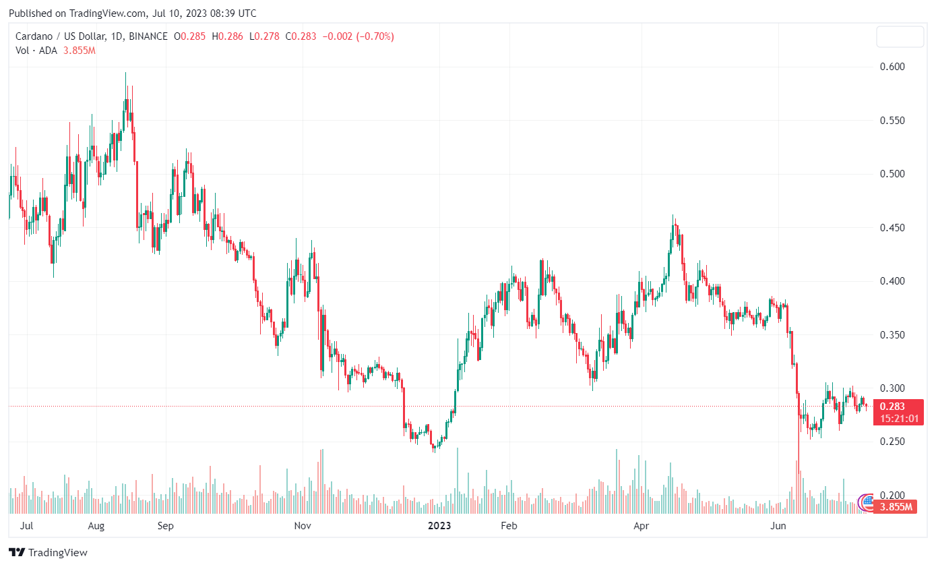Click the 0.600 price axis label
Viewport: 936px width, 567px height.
[893, 67]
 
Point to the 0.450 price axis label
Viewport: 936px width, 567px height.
[893, 228]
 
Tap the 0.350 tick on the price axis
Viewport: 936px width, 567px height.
[893, 335]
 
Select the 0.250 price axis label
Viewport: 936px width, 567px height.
[893, 442]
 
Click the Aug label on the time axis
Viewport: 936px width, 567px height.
[96, 526]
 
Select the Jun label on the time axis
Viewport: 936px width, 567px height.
[778, 526]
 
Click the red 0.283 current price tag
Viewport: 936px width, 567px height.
[894, 406]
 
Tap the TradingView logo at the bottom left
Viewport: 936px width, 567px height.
[49, 553]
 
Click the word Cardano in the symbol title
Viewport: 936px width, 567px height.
[34, 36]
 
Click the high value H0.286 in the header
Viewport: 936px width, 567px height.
[228, 36]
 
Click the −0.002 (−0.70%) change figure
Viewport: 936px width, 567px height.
[358, 36]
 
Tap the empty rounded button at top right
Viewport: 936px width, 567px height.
[900, 37]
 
